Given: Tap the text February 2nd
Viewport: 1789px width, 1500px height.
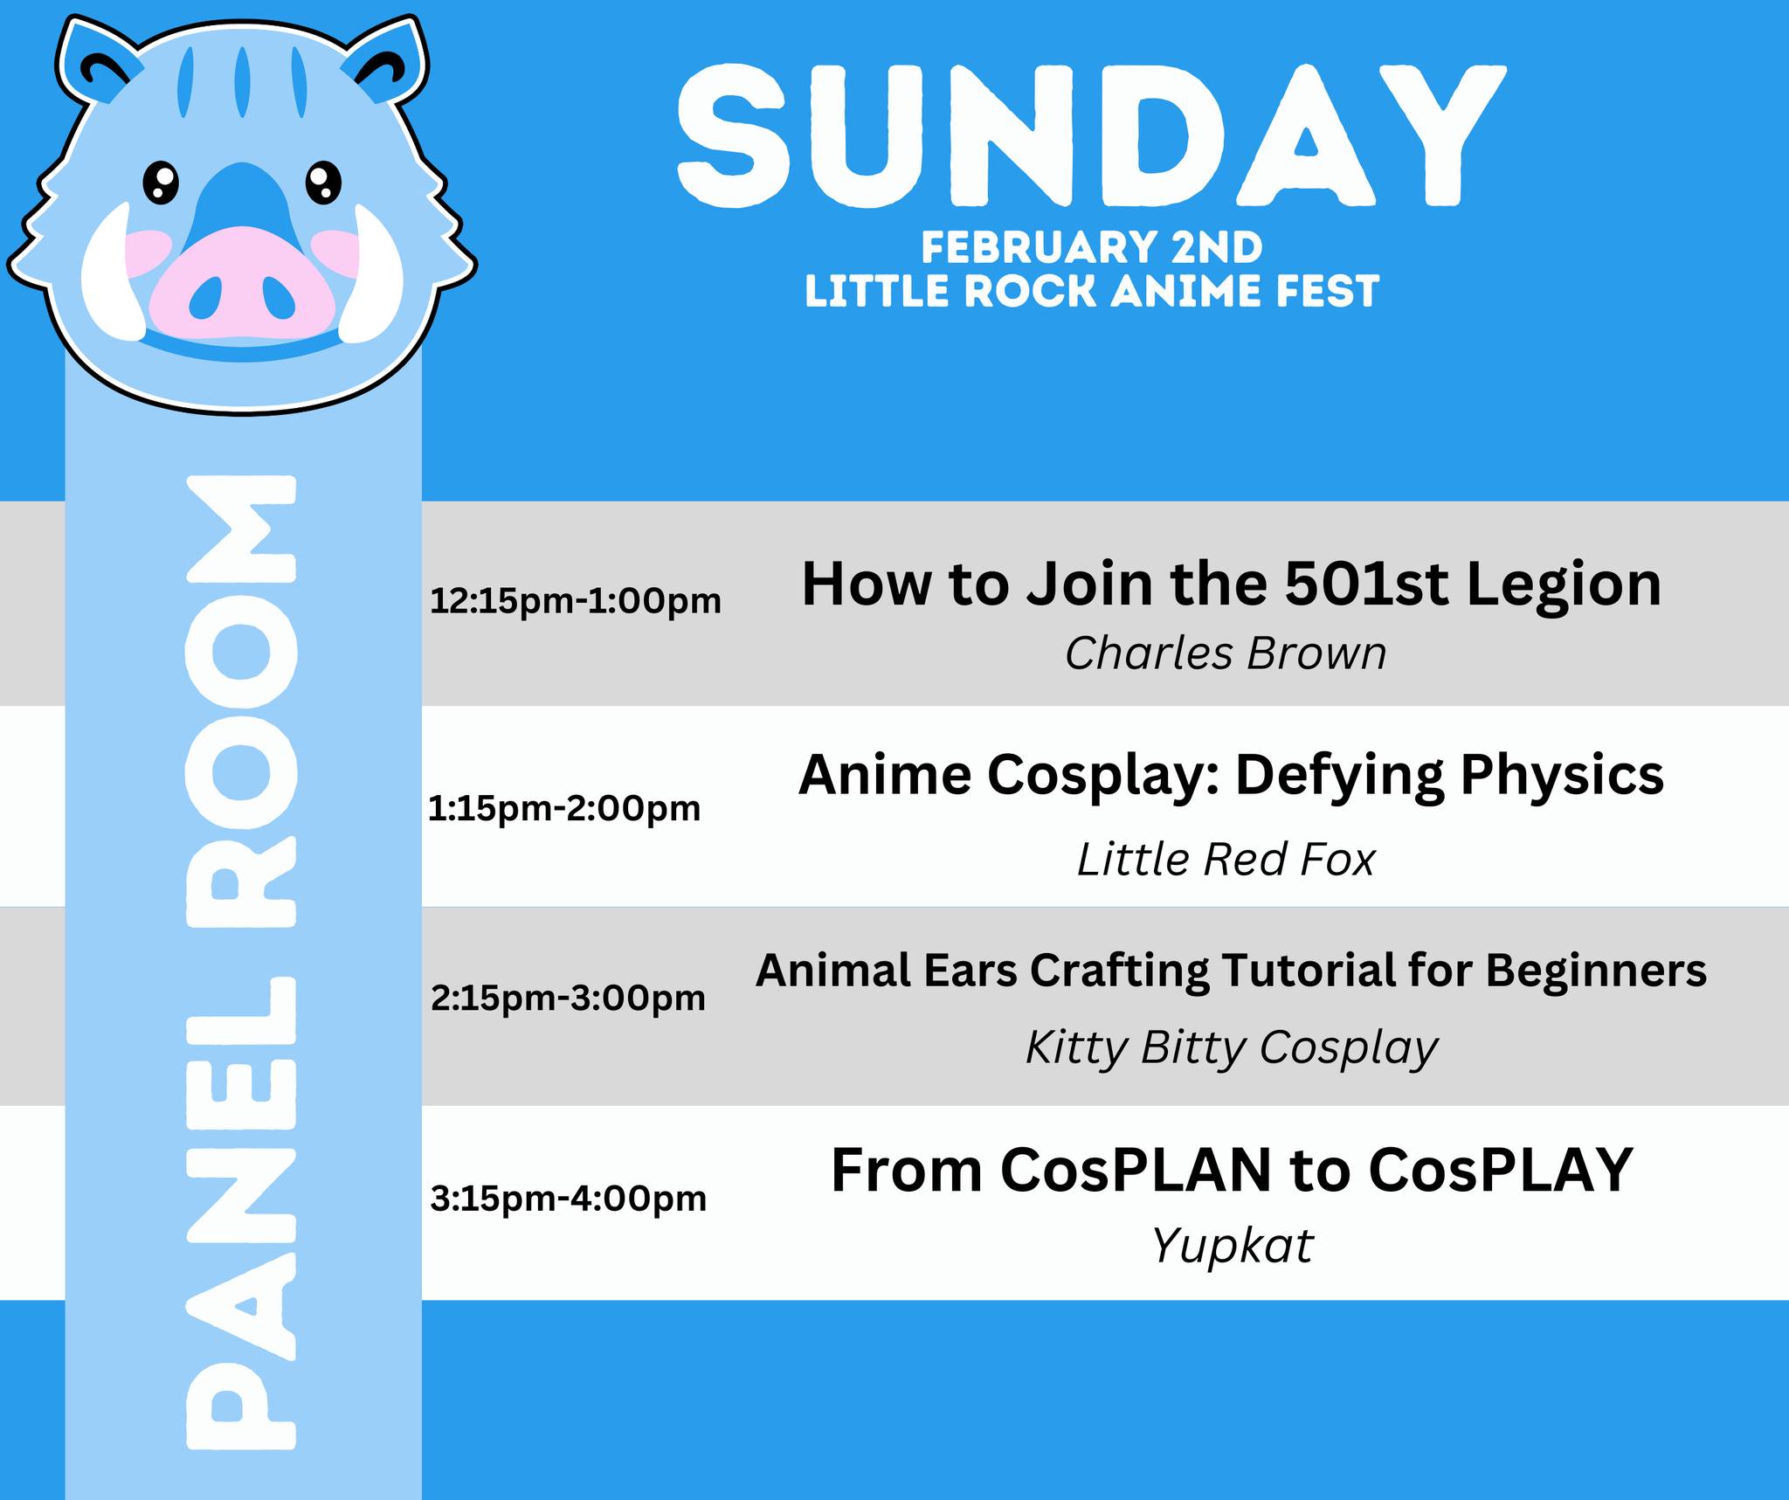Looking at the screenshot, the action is [1092, 248].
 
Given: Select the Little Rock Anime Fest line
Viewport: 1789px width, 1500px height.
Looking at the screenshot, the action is [1092, 291].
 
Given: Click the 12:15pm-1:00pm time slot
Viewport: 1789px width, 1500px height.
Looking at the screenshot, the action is [576, 601].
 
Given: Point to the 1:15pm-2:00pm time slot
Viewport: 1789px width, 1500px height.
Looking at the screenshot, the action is [564, 809].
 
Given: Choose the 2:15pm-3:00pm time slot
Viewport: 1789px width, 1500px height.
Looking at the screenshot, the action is [568, 998].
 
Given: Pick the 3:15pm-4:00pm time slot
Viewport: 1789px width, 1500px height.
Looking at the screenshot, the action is [568, 1199].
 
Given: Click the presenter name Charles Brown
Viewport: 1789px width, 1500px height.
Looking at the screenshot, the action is [1226, 653].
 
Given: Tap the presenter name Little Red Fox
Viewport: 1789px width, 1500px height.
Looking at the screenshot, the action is [1226, 860].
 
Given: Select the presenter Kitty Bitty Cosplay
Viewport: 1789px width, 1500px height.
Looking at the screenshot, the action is [1232, 1048].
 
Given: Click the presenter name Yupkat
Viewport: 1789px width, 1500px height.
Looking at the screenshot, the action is [1232, 1246].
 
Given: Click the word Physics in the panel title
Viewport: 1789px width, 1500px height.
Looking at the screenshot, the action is [1562, 776].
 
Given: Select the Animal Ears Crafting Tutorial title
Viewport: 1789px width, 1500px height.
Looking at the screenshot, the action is [1231, 971].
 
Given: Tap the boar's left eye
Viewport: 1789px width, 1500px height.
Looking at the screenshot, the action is [161, 182].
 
